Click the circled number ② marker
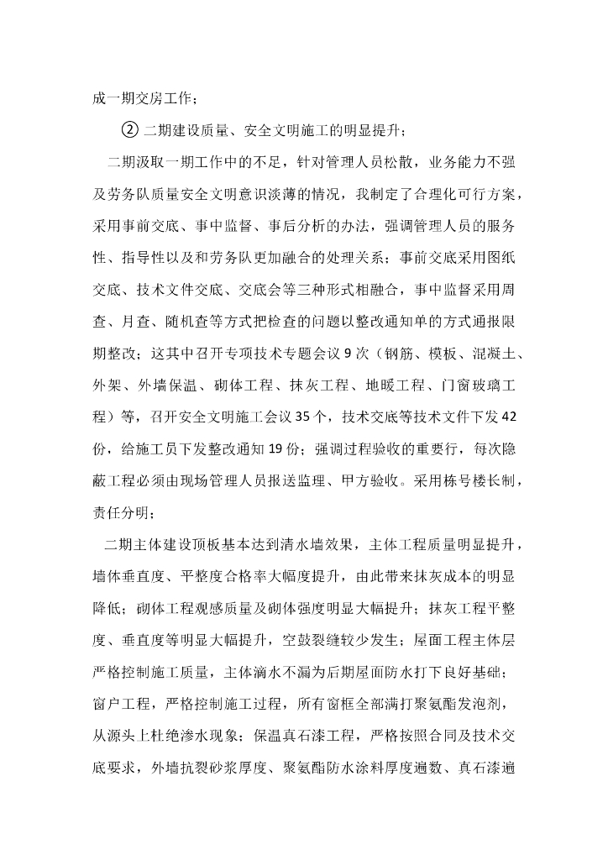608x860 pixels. [x=129, y=129]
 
